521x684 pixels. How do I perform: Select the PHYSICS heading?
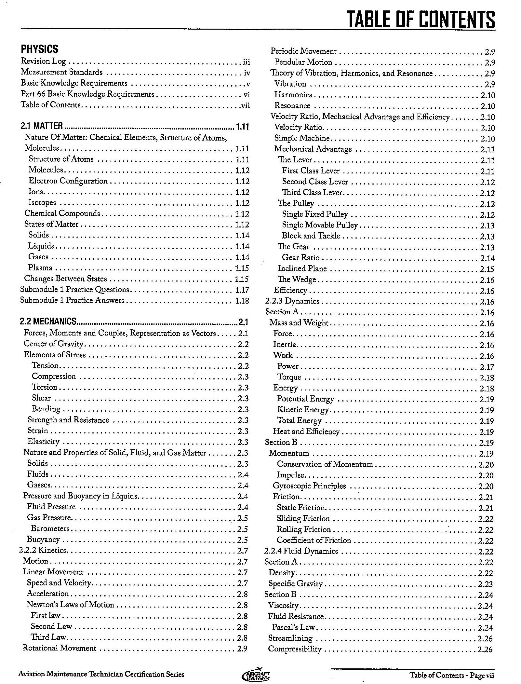[x=40, y=49]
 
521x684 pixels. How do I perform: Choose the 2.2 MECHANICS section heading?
[x=48, y=321]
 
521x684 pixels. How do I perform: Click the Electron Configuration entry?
[x=68, y=181]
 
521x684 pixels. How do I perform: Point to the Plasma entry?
[x=40, y=268]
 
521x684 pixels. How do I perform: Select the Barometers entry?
[x=50, y=528]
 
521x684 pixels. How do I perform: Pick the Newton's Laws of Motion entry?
[x=70, y=605]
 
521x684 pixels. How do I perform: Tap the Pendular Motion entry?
[x=303, y=62]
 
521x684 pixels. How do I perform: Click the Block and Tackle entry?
[x=311, y=236]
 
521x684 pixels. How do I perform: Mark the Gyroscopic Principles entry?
[x=309, y=486]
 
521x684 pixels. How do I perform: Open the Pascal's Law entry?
[x=294, y=627]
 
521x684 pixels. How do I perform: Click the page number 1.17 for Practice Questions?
[x=242, y=290]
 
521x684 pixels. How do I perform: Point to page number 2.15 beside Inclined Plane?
[x=487, y=269]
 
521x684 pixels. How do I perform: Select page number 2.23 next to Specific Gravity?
[x=486, y=584]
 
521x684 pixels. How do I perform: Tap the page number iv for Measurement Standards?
[x=247, y=73]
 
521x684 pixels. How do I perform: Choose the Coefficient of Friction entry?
[x=314, y=540]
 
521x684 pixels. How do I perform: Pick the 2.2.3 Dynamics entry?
[x=292, y=301]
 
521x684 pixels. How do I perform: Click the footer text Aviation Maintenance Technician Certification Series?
[x=101, y=674]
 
